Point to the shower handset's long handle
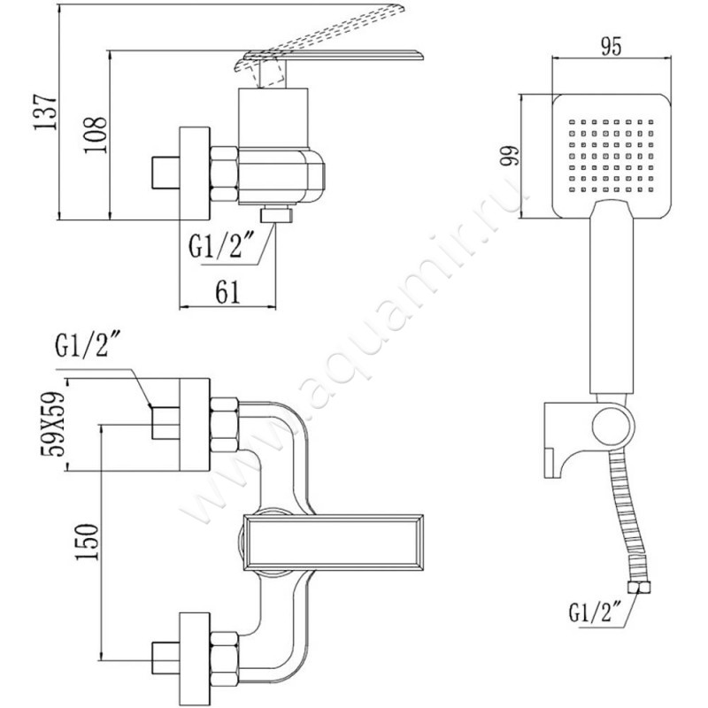point(611,301)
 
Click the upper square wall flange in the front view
point(196,424)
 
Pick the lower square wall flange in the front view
point(196,655)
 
